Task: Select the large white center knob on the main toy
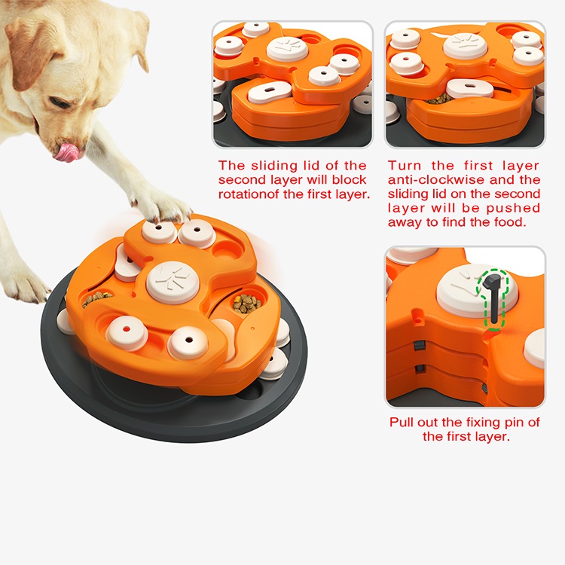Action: click(x=174, y=280)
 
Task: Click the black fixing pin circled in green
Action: click(x=493, y=297)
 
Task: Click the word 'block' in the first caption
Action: click(x=349, y=179)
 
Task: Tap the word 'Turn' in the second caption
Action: click(x=404, y=165)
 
